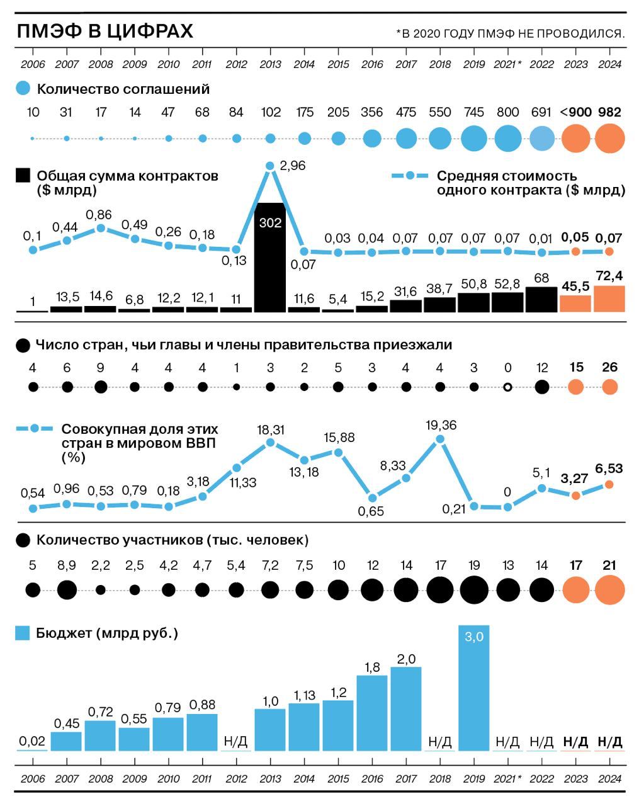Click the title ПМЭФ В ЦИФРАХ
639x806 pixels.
pos(105,31)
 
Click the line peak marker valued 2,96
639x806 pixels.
pos(270,166)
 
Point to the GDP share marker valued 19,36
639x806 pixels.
pos(441,441)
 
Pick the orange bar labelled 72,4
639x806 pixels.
pos(609,298)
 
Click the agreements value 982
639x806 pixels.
pos(609,112)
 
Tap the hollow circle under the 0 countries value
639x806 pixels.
pos(507,387)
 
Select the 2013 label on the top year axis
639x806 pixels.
pos(270,64)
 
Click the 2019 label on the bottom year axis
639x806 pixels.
pos(473,779)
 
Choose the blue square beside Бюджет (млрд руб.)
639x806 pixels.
pos(23,633)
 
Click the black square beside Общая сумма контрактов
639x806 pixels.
pos(23,176)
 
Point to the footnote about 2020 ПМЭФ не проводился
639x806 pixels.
pos(511,33)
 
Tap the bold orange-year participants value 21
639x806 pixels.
pos(609,565)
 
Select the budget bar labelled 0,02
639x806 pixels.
pos(32,749)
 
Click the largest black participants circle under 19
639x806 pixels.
pos(474,590)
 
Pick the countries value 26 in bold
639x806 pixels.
pos(609,367)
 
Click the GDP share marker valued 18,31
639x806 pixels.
pos(270,443)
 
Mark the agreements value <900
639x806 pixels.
pos(575,112)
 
